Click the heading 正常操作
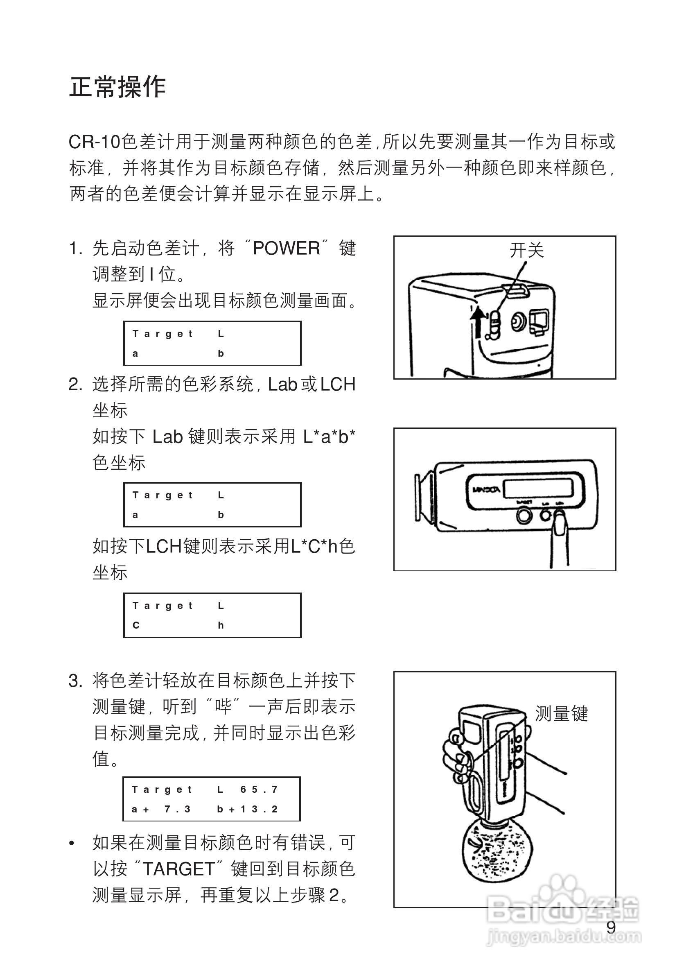pos(117,87)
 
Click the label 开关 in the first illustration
pos(526,250)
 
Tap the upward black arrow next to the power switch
pos(478,323)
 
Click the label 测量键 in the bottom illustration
pos(561,714)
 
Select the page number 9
pos(611,927)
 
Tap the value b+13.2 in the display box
pos(247,809)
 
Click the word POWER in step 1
pos(286,249)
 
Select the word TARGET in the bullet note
pos(179,869)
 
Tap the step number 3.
pos(75,681)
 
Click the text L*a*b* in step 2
pos(329,437)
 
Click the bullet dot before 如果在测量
pos(72,844)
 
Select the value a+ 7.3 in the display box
pos(161,809)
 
